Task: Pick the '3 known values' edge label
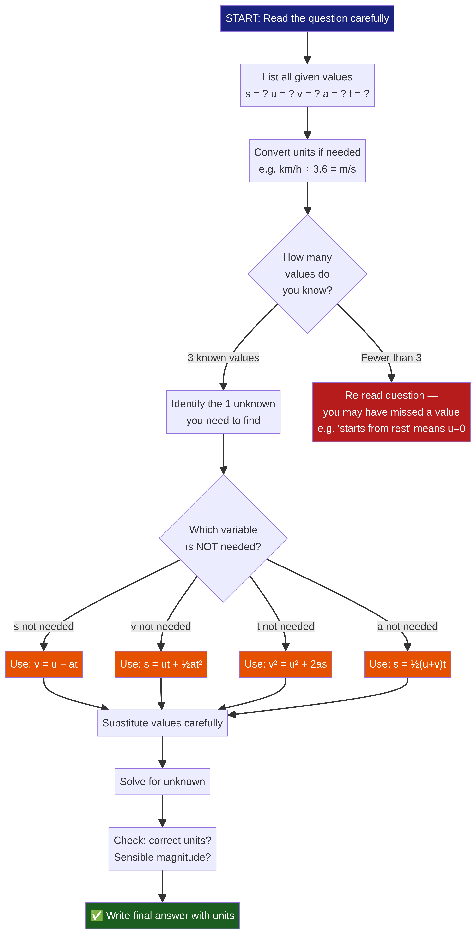(x=223, y=357)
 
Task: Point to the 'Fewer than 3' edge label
(x=391, y=357)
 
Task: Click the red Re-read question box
(x=391, y=412)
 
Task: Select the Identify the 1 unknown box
(x=223, y=412)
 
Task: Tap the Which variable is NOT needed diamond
(x=223, y=538)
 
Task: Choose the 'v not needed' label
(x=161, y=627)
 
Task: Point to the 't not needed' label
(x=286, y=627)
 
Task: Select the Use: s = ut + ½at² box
(x=161, y=664)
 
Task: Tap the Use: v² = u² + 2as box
(x=286, y=664)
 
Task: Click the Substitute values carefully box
(x=162, y=723)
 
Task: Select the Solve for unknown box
(x=162, y=782)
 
